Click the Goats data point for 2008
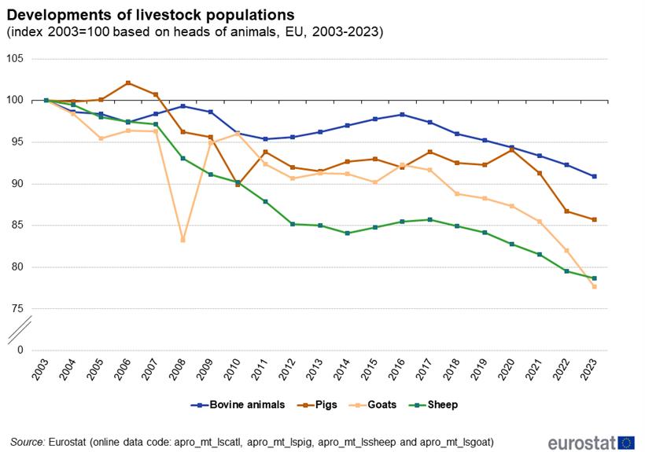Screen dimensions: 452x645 click(182, 240)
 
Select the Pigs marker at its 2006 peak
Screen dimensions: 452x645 click(128, 83)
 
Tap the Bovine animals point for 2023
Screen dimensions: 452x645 click(594, 176)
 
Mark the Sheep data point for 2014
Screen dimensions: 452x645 click(347, 233)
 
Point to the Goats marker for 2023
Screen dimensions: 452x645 click(594, 287)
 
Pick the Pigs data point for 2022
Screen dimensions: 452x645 click(566, 211)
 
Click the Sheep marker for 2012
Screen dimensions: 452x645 click(293, 224)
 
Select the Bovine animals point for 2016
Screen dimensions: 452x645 click(402, 115)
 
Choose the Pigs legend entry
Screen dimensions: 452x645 click(318, 405)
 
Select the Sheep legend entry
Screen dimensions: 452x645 click(433, 405)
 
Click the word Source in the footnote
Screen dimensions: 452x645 click(27, 443)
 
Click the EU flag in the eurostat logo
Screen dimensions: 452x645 click(627, 443)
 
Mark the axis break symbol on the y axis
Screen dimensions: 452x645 click(19, 329)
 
